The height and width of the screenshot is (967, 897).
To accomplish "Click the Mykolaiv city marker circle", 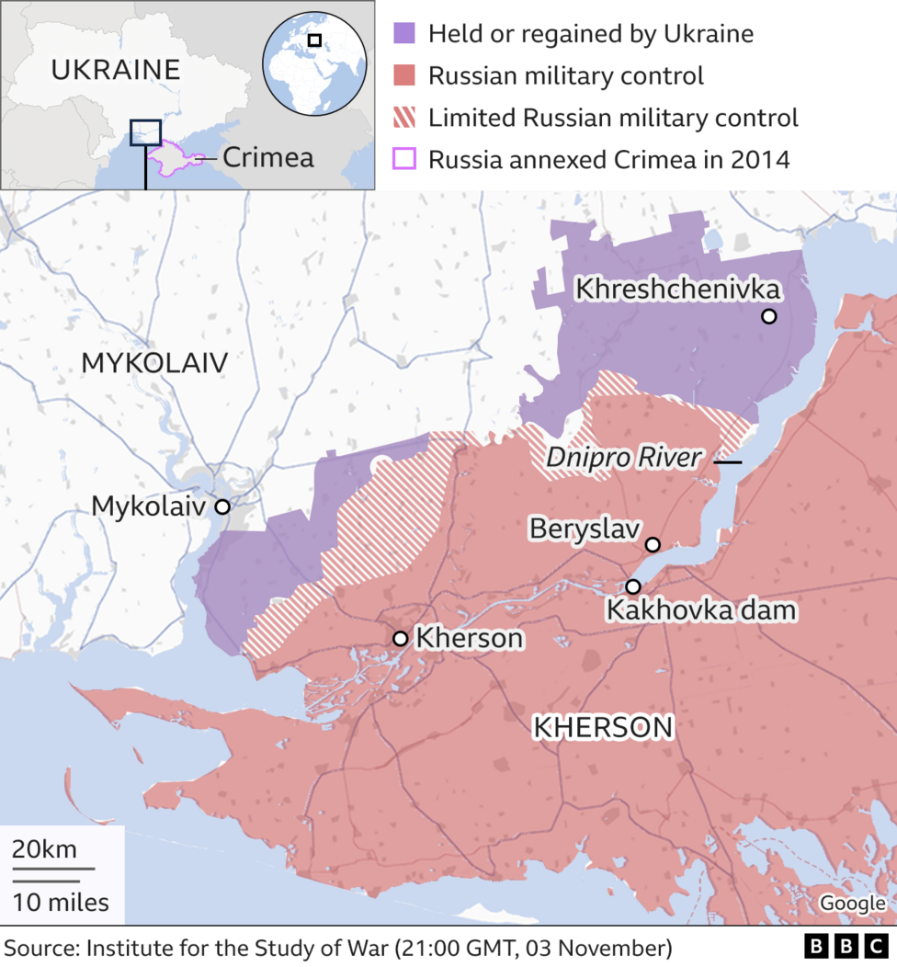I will (221, 506).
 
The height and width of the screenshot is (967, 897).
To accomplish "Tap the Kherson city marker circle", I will (400, 638).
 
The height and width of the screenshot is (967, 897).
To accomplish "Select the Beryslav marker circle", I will (653, 544).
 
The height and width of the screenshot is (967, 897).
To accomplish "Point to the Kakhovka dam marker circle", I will (633, 586).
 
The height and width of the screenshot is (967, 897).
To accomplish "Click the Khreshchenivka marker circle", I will (768, 316).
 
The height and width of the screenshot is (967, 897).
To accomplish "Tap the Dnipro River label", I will (623, 458).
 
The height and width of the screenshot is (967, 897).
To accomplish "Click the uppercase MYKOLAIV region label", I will (153, 363).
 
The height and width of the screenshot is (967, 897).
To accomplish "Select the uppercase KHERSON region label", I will (603, 728).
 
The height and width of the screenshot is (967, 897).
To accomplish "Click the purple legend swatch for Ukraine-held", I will (403, 34).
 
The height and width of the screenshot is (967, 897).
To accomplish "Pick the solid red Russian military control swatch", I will (403, 75).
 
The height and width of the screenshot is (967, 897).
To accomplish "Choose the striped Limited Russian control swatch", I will (403, 118).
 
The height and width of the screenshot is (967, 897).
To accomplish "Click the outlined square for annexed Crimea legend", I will (403, 159).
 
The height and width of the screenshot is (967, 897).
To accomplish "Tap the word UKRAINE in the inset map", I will (115, 69).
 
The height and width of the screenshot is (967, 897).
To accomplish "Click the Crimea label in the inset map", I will (267, 157).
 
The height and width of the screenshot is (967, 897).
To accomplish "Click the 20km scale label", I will (44, 848).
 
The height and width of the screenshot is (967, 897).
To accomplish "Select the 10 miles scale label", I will (61, 902).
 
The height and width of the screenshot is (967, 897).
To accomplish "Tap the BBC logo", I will (845, 947).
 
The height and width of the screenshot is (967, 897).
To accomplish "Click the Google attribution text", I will (852, 903).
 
